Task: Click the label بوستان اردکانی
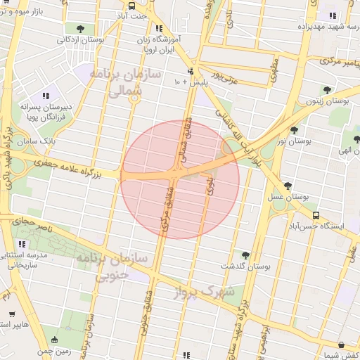(82, 40)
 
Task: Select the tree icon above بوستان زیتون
(326, 90)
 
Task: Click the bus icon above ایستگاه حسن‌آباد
(316, 215)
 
